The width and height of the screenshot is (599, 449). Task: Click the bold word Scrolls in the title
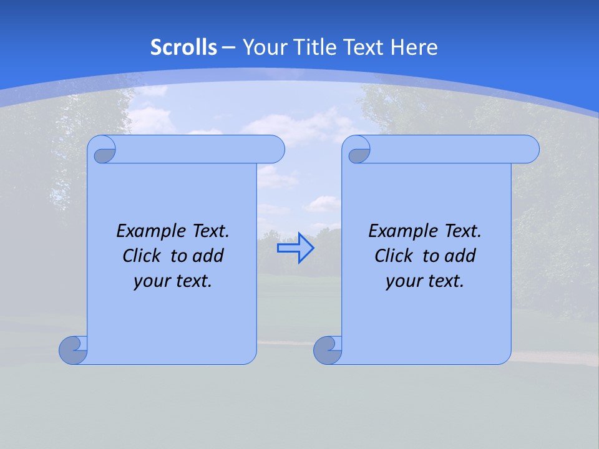coord(184,47)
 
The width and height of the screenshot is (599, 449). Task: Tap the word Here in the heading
coord(414,47)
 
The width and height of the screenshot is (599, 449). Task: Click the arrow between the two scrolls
coord(295,248)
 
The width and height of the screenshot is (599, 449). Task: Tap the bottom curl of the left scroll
coord(73,350)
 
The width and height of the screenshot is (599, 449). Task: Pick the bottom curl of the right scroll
coord(328,350)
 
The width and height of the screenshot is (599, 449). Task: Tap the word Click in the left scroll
coord(137,256)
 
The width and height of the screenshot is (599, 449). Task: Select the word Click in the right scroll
coord(389,256)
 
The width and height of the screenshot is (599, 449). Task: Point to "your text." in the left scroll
coord(173,281)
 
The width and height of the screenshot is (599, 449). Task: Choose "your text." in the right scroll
coord(425,281)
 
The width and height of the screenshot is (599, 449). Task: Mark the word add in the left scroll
coord(209,256)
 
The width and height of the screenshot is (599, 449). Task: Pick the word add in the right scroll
coord(461,256)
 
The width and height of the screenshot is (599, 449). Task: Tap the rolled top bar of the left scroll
coord(200,149)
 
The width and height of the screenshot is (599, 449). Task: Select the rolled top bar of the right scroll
coord(454,149)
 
